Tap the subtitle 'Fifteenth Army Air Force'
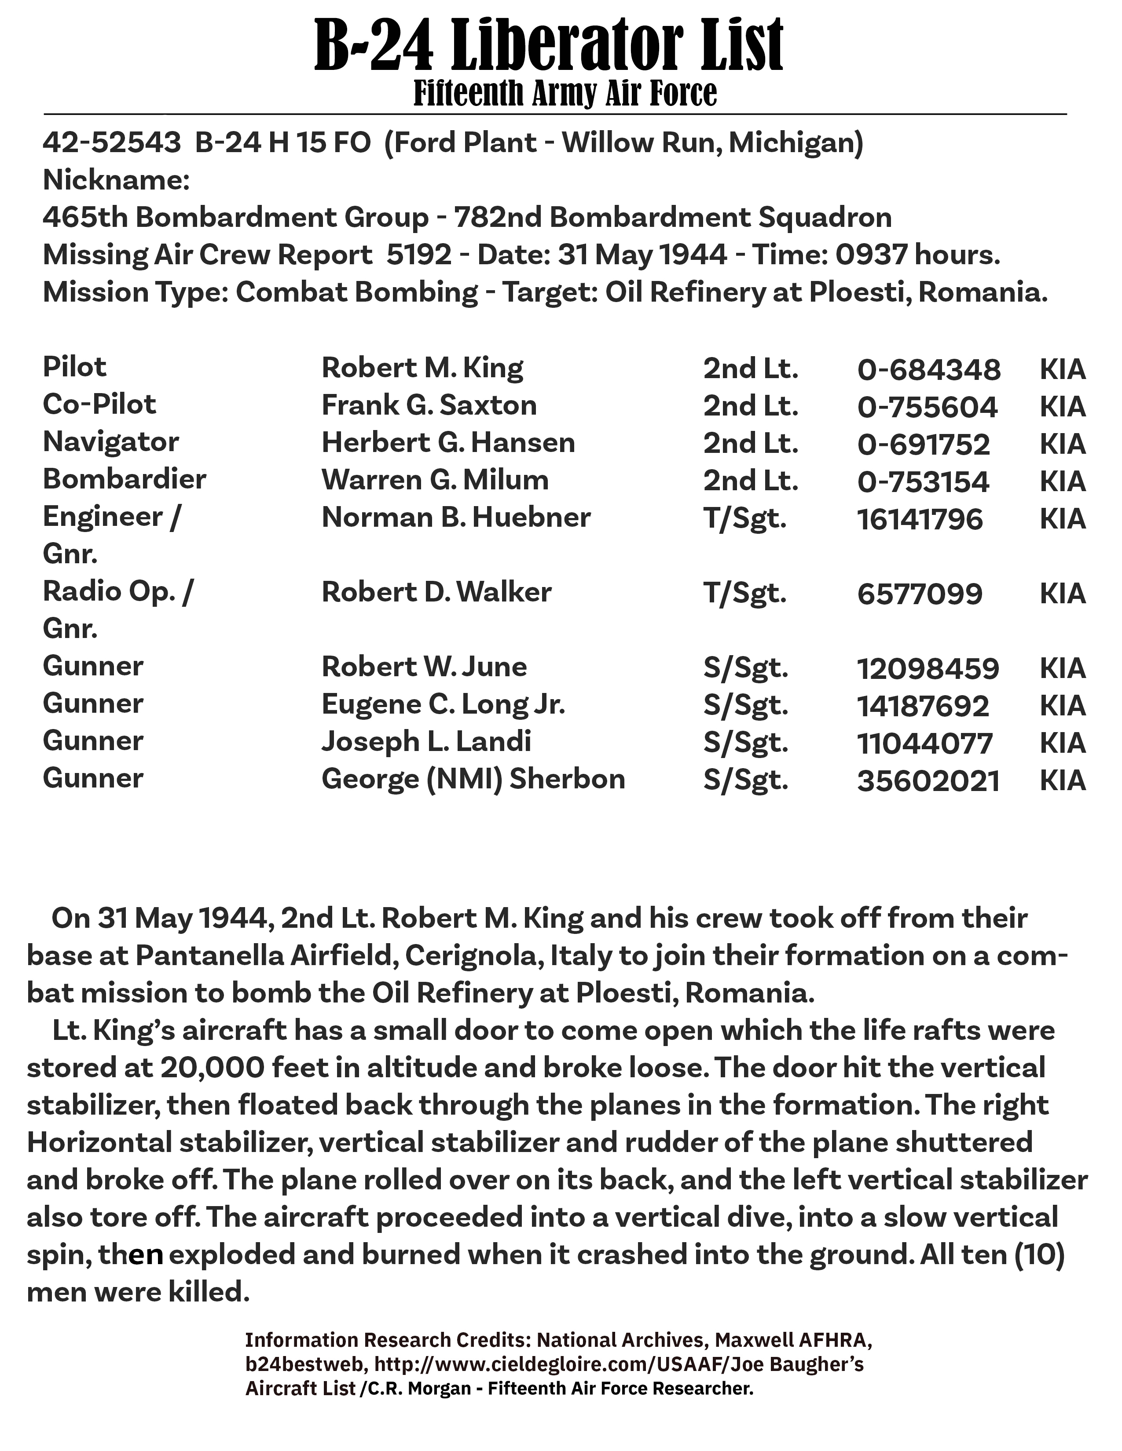tap(565, 94)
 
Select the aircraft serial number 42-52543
tap(112, 143)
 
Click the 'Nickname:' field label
tap(116, 180)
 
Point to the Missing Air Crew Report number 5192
tap(419, 255)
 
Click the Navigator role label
tap(111, 442)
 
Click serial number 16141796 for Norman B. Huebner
tap(919, 519)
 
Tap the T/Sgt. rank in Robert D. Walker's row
tap(744, 593)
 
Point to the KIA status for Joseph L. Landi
tap(1062, 743)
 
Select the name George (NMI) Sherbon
tap(473, 779)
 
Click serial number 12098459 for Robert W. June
tap(927, 668)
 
